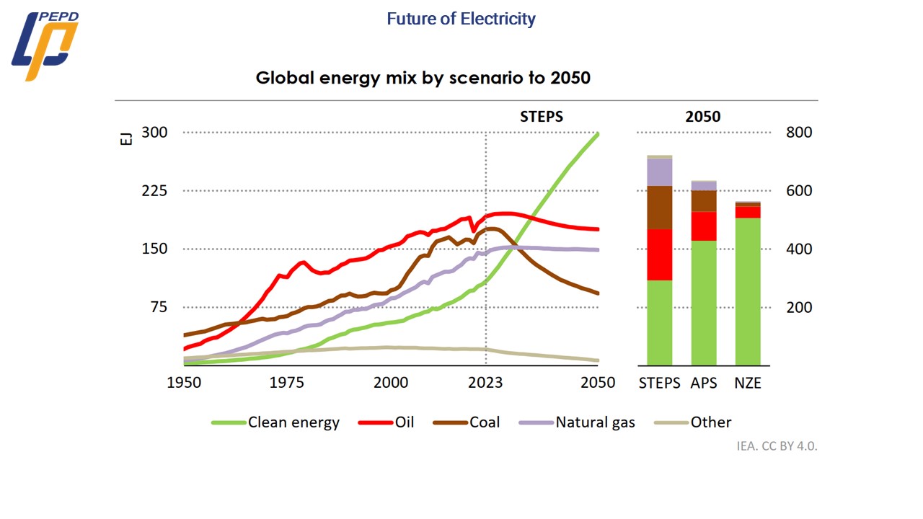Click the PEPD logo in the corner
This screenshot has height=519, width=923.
[x=45, y=45]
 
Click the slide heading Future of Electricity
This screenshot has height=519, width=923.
[x=461, y=19]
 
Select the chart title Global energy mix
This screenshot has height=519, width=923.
[x=423, y=78]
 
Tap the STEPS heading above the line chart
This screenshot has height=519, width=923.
[x=542, y=117]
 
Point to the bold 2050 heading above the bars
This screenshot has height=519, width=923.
[x=703, y=117]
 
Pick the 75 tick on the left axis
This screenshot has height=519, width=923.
[x=157, y=308]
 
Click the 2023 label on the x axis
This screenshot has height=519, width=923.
[x=485, y=383]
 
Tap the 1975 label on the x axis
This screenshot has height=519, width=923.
[x=288, y=383]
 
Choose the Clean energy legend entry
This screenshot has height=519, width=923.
[x=293, y=422]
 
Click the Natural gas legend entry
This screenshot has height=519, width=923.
[x=595, y=422]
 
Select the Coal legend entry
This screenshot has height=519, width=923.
[x=485, y=422]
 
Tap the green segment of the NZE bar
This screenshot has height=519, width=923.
[x=748, y=291]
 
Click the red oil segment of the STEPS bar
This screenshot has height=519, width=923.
[x=660, y=254]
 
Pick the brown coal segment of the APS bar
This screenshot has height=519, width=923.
[x=704, y=201]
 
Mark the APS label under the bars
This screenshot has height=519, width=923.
[x=704, y=383]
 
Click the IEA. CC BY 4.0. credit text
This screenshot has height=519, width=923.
[x=777, y=445]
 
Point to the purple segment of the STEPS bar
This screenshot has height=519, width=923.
[x=660, y=172]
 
